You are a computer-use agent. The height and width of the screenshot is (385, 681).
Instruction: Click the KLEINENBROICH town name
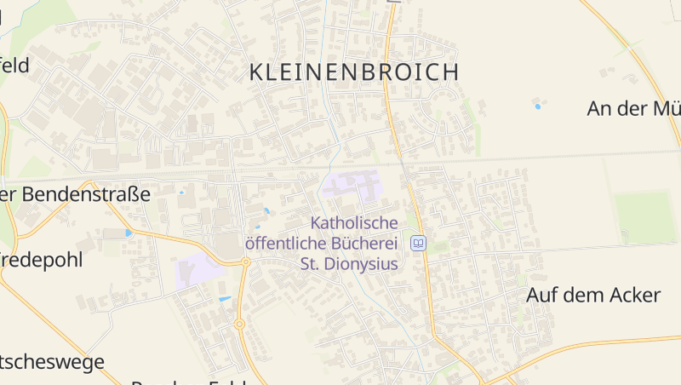(354, 72)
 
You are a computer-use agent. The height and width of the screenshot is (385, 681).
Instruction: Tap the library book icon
(418, 244)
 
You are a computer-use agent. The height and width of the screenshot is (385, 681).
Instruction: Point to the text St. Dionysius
(349, 264)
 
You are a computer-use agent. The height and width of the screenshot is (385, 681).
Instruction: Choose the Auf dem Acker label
(593, 296)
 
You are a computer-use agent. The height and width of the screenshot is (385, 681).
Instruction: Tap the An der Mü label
(633, 108)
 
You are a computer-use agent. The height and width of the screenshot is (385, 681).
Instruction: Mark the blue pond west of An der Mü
(537, 106)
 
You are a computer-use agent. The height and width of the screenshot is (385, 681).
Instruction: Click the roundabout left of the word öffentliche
(245, 262)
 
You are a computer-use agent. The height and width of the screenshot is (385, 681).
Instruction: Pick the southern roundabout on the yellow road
(239, 324)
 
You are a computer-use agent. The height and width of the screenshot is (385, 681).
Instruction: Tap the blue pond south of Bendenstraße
(129, 233)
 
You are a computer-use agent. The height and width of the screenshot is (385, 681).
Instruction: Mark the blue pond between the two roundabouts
(225, 299)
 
